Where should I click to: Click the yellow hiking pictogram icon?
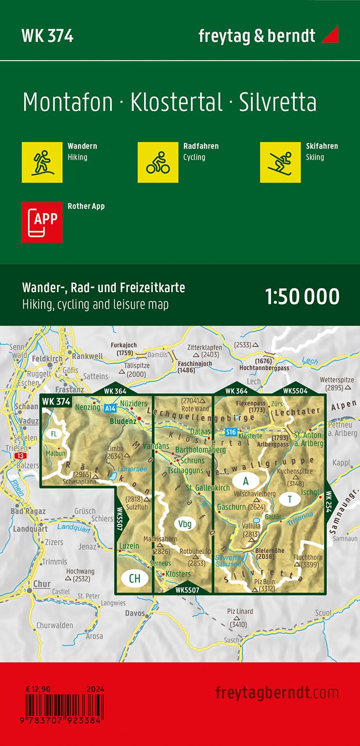[x=42, y=162]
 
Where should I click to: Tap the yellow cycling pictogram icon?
[x=158, y=162]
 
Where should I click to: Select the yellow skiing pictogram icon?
[x=280, y=162]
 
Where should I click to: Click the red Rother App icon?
[x=42, y=222]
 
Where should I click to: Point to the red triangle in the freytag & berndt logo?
[x=330, y=35]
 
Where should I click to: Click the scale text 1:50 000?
[x=302, y=297]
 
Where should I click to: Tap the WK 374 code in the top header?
[x=47, y=36]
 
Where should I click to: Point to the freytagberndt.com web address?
[x=277, y=692]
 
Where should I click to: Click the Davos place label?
[x=135, y=613]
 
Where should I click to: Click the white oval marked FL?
[x=53, y=434]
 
